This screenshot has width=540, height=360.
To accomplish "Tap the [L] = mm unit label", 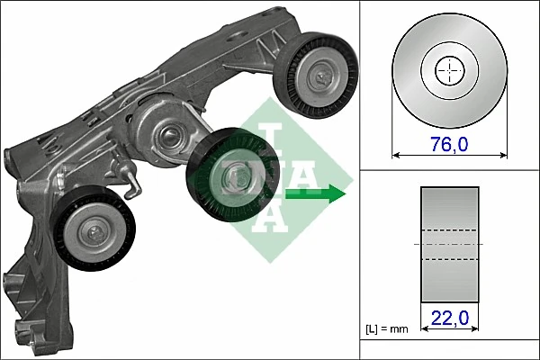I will [x=388, y=329].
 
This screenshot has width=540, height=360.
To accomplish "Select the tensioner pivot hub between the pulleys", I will [x=166, y=139].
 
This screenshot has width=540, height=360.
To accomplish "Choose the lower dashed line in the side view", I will [x=449, y=259].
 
